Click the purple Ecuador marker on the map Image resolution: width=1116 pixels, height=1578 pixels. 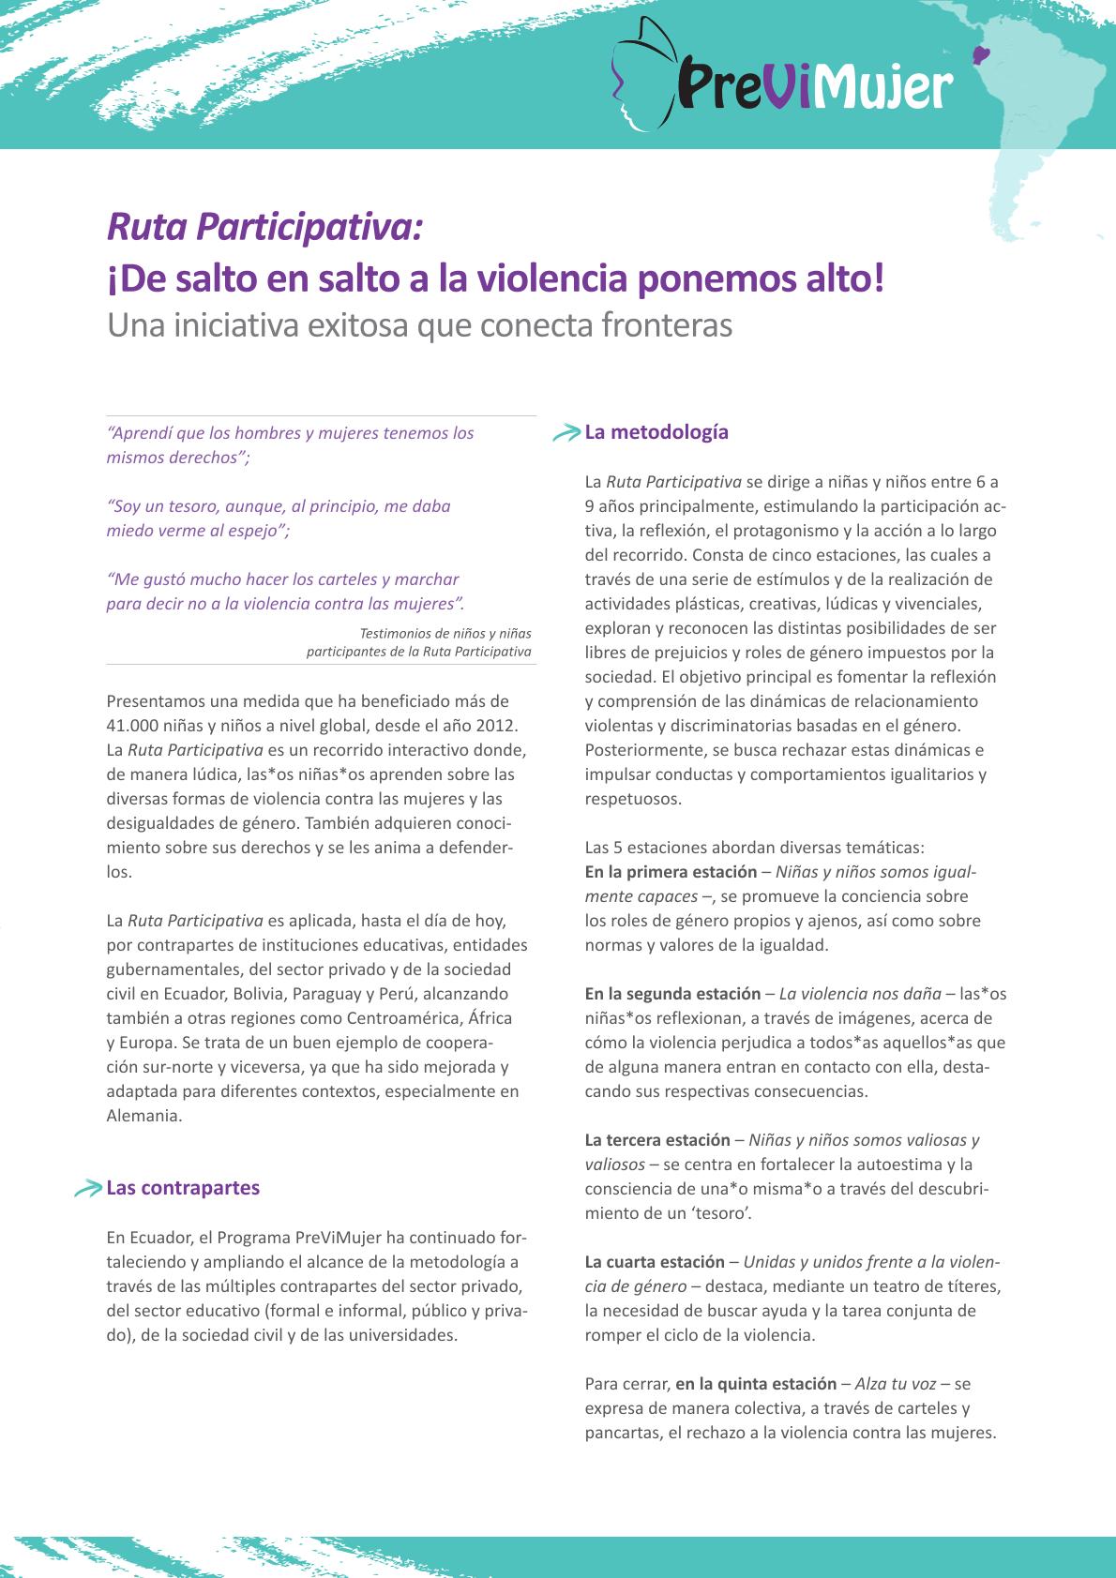pos(984,56)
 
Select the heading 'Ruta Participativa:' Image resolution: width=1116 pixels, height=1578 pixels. pos(265,226)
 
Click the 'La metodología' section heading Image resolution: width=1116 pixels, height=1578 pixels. pos(656,432)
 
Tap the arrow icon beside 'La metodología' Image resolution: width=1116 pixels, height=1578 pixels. pos(566,433)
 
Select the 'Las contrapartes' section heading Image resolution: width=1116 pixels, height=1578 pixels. pos(183,1188)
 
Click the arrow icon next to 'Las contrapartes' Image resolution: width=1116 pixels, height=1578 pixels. pos(88,1189)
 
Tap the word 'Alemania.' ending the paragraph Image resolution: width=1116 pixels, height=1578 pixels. pos(143,1116)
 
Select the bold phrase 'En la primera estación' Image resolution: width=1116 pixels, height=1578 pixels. pos(671,872)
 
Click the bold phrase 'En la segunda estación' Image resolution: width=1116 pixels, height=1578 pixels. pos(672,994)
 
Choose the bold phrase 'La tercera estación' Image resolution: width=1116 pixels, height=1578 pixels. pos(657,1140)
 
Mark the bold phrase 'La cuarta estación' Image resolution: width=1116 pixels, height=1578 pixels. pos(655,1262)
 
